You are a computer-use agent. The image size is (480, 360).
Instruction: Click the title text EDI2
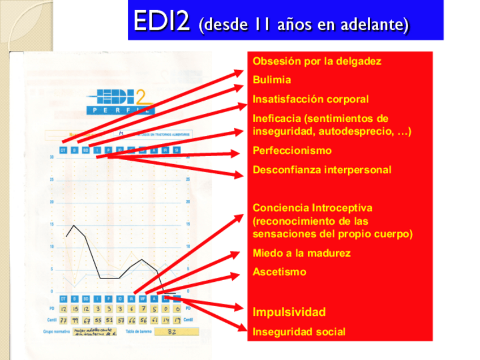(162, 21)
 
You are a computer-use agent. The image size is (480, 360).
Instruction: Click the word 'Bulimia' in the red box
(272, 80)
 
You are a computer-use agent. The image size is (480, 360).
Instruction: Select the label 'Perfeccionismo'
(292, 151)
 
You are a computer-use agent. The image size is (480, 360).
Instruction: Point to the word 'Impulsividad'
(289, 312)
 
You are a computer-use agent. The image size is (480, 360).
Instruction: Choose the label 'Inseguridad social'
(299, 332)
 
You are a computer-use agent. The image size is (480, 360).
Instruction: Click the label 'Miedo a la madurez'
(301, 253)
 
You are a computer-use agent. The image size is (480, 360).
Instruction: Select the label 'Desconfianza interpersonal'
(322, 170)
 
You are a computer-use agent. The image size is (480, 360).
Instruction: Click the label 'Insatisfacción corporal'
(310, 100)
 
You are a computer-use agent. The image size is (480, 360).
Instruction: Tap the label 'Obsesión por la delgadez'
(316, 61)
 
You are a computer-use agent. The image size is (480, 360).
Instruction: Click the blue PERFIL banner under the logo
(120, 110)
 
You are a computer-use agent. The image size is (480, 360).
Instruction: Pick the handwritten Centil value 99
(75, 320)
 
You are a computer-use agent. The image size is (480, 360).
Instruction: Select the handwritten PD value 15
(75, 308)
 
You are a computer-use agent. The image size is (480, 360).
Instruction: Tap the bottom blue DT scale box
(63, 298)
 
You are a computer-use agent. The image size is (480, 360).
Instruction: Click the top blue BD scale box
(85, 150)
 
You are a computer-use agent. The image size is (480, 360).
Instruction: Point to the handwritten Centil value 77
(63, 320)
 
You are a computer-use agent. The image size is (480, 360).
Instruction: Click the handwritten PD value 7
(143, 308)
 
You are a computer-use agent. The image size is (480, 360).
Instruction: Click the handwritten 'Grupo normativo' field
(95, 332)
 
